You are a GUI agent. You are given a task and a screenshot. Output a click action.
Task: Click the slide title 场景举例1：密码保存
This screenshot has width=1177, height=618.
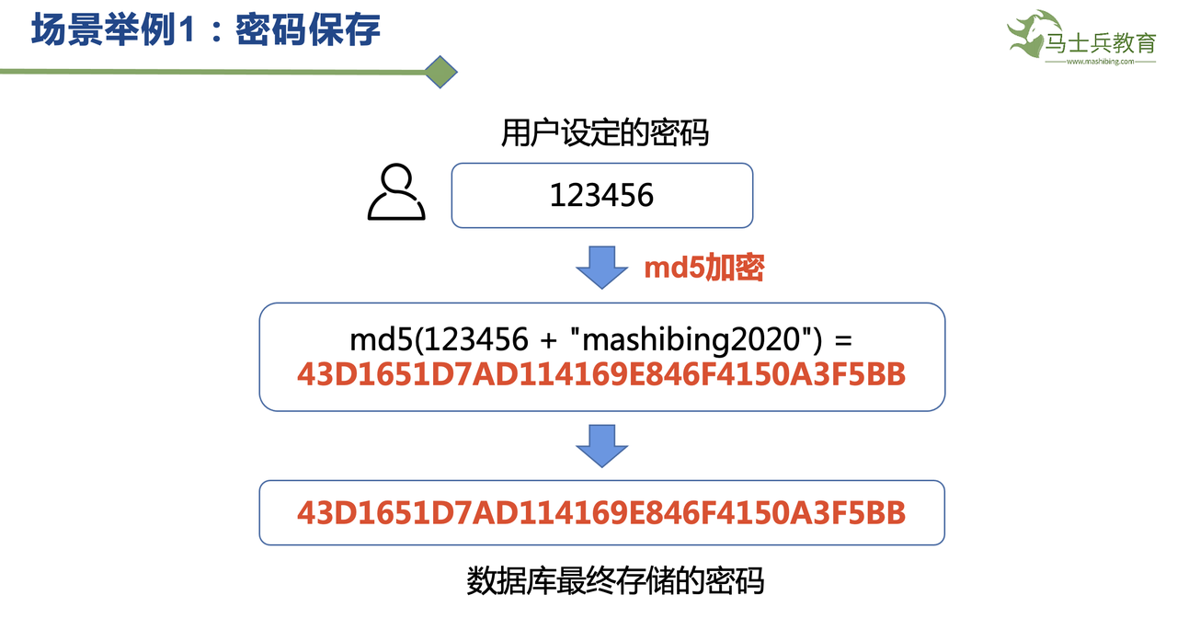pos(206,30)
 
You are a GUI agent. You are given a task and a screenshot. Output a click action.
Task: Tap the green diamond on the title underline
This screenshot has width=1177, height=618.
pos(441,72)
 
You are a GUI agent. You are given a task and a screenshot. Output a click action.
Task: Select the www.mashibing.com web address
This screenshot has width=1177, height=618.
pos(1100,63)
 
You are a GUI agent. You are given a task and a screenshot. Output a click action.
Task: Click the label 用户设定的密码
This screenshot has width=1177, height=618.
pos(605,133)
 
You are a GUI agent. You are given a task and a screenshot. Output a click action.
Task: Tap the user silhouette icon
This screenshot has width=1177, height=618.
pos(396,193)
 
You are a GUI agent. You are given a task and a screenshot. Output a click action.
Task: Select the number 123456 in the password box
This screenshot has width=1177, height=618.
pos(601,195)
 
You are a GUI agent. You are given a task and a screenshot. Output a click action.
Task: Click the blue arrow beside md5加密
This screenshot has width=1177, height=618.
pos(601,267)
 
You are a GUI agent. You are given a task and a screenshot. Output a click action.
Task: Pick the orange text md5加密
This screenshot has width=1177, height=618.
pos(704,268)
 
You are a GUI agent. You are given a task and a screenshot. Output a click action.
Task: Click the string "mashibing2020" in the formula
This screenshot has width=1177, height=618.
pos(695,339)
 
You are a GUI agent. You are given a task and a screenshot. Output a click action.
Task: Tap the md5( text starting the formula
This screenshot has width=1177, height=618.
pos(382,339)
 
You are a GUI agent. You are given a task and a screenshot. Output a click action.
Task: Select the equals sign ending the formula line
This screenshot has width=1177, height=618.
pos(842,339)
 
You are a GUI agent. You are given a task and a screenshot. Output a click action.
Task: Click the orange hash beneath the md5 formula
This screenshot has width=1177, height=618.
pos(601,374)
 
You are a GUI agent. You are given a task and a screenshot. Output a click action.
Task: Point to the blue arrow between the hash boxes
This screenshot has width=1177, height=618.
pos(601,445)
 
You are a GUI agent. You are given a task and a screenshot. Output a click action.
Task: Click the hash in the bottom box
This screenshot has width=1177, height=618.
pos(601,512)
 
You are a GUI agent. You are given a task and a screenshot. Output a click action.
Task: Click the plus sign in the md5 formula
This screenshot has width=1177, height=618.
pos(548,339)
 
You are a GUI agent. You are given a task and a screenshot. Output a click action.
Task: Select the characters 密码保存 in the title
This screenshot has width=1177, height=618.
pos(307,30)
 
